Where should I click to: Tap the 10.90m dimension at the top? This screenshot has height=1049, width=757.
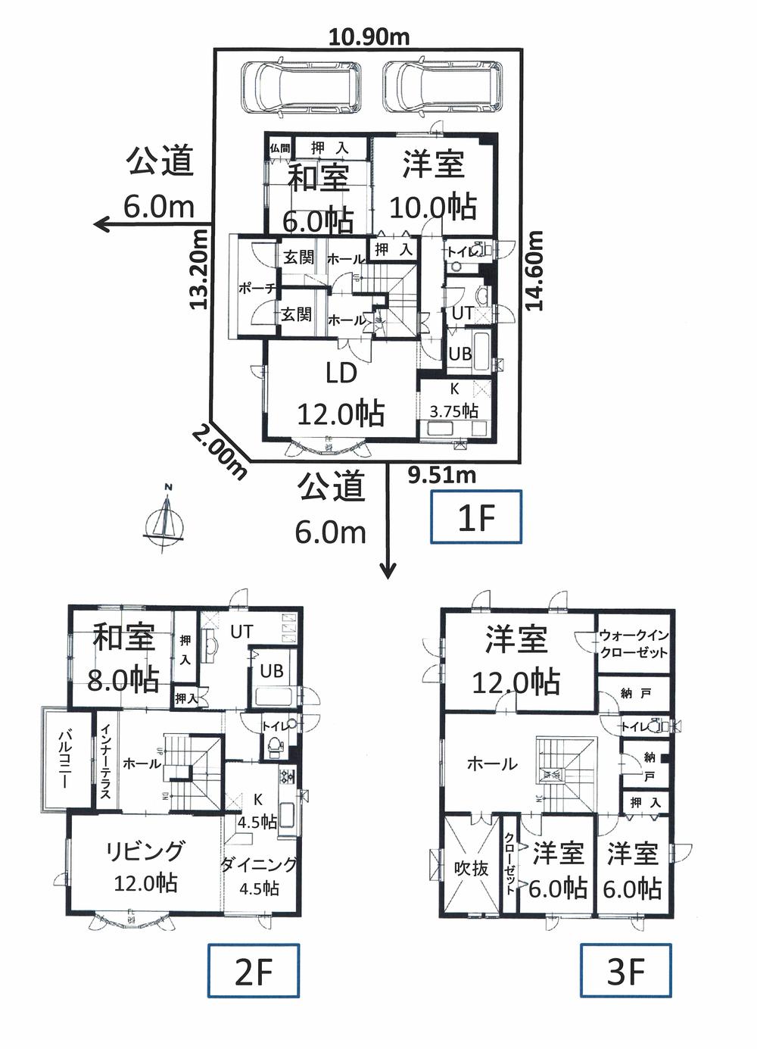click(370, 36)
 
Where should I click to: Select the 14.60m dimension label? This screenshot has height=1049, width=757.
click(535, 270)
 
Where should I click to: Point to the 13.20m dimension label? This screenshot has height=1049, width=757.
click(199, 269)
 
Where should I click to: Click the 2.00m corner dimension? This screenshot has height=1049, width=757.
click(220, 452)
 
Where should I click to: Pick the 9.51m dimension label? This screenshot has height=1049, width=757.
click(441, 475)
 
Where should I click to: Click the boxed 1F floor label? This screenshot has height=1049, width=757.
click(475, 517)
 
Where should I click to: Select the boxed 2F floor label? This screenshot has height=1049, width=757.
click(254, 971)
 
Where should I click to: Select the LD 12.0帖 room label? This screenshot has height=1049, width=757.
click(341, 395)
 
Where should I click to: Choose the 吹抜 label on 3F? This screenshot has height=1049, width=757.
click(471, 868)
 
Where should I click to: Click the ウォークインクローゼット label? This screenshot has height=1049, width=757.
click(634, 644)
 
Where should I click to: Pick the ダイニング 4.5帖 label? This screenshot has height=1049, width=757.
click(260, 876)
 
